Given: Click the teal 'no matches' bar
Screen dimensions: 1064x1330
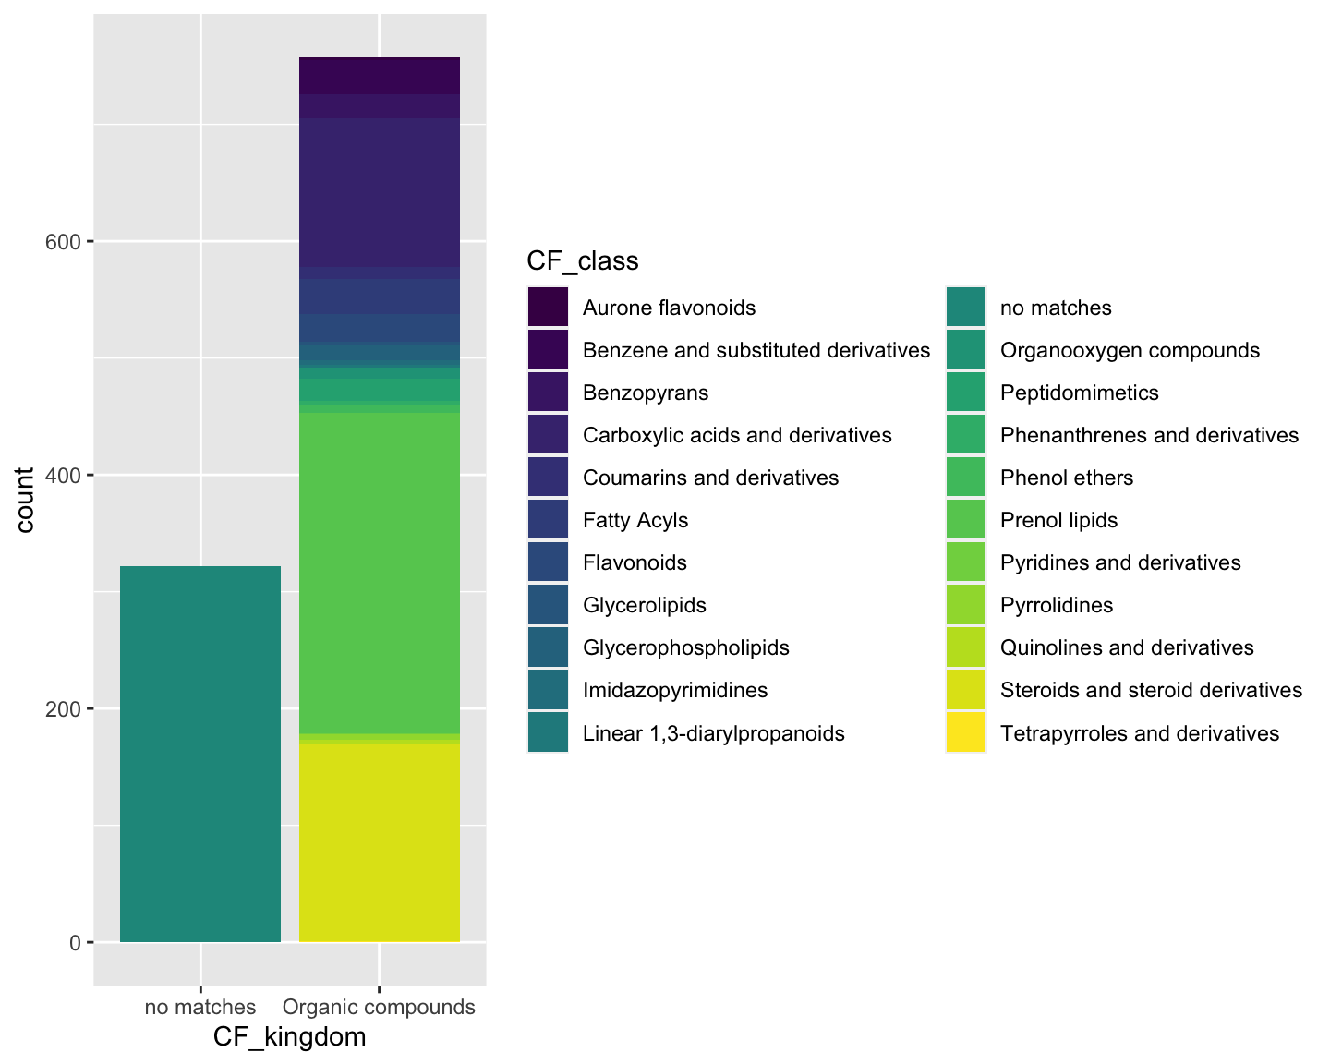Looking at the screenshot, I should pyautogui.click(x=200, y=754).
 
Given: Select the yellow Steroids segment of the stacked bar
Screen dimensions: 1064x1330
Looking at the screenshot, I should pyautogui.click(x=380, y=841).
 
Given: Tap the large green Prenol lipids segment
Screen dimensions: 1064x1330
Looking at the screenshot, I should pyautogui.click(x=380, y=573).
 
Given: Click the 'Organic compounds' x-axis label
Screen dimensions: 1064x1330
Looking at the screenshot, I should pyautogui.click(x=379, y=1007).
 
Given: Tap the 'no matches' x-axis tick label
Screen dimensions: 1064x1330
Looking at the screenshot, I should pyautogui.click(x=200, y=1007).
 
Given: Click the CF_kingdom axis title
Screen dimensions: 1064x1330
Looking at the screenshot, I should pyautogui.click(x=289, y=1037).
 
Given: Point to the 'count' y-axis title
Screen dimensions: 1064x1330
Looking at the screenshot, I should pyautogui.click(x=25, y=500).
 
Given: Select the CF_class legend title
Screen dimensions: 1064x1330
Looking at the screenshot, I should pyautogui.click(x=582, y=261).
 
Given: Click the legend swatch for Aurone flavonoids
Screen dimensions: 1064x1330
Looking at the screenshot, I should pyautogui.click(x=548, y=308).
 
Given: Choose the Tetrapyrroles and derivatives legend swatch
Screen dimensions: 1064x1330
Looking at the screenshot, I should pyautogui.click(x=966, y=733).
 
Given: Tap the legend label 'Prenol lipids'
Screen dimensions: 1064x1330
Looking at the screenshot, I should pyautogui.click(x=1058, y=521).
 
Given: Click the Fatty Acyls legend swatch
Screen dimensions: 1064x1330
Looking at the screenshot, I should pyautogui.click(x=548, y=521).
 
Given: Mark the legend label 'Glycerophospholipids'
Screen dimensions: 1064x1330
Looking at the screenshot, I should pyautogui.click(x=685, y=647).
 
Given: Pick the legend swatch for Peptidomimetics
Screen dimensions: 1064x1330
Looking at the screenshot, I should pyautogui.click(x=966, y=393).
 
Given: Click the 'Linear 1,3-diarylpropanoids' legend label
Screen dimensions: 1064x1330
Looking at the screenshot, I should pyautogui.click(x=713, y=734).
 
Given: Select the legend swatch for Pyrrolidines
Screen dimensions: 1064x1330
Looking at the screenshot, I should pyautogui.click(x=966, y=606).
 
